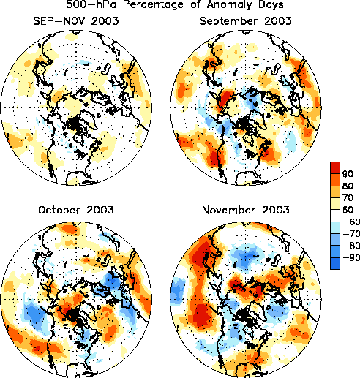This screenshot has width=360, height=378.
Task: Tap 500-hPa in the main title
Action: coord(91,4)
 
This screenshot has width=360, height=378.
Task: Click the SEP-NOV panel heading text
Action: coord(76,21)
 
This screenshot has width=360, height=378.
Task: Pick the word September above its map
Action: coord(228,21)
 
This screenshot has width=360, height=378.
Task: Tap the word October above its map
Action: coord(58,210)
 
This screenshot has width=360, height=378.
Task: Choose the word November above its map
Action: coord(228,210)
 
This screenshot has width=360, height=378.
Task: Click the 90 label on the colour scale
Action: coord(348,174)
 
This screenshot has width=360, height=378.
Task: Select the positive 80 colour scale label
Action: coord(348,186)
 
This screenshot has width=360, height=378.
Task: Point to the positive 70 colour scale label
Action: coord(348,197)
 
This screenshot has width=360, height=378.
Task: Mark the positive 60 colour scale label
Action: coord(348,210)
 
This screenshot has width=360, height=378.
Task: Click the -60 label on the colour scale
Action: coord(351,222)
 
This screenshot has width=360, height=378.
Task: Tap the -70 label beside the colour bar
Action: coord(351,234)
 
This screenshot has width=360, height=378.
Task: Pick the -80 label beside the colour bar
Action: coord(351,246)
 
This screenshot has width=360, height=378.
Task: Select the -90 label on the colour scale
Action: coord(351,258)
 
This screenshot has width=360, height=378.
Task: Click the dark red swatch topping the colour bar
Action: coord(335,167)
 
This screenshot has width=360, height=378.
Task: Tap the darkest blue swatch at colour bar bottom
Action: coord(335,263)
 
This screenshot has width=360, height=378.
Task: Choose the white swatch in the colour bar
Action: coord(335,216)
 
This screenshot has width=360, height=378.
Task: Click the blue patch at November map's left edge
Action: coord(178,292)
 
